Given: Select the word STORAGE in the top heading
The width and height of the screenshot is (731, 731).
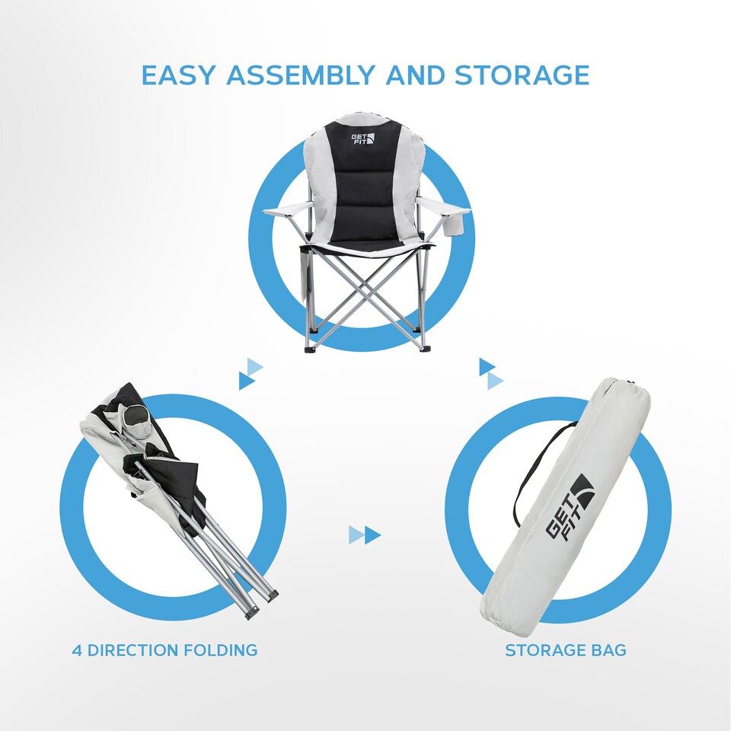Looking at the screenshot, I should (522, 75).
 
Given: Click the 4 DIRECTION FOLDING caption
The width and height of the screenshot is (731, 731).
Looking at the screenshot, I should (164, 650).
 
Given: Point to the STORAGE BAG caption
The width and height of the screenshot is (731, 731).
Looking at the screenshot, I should (565, 650).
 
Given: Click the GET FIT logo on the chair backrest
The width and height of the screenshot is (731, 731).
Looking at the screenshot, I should (362, 142).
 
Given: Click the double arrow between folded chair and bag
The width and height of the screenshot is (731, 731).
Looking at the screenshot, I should (365, 535).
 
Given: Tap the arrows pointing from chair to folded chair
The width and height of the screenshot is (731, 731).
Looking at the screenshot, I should (251, 374).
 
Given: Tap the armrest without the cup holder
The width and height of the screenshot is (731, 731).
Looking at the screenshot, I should (286, 209).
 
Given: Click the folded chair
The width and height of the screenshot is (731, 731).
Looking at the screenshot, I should (175, 487).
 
